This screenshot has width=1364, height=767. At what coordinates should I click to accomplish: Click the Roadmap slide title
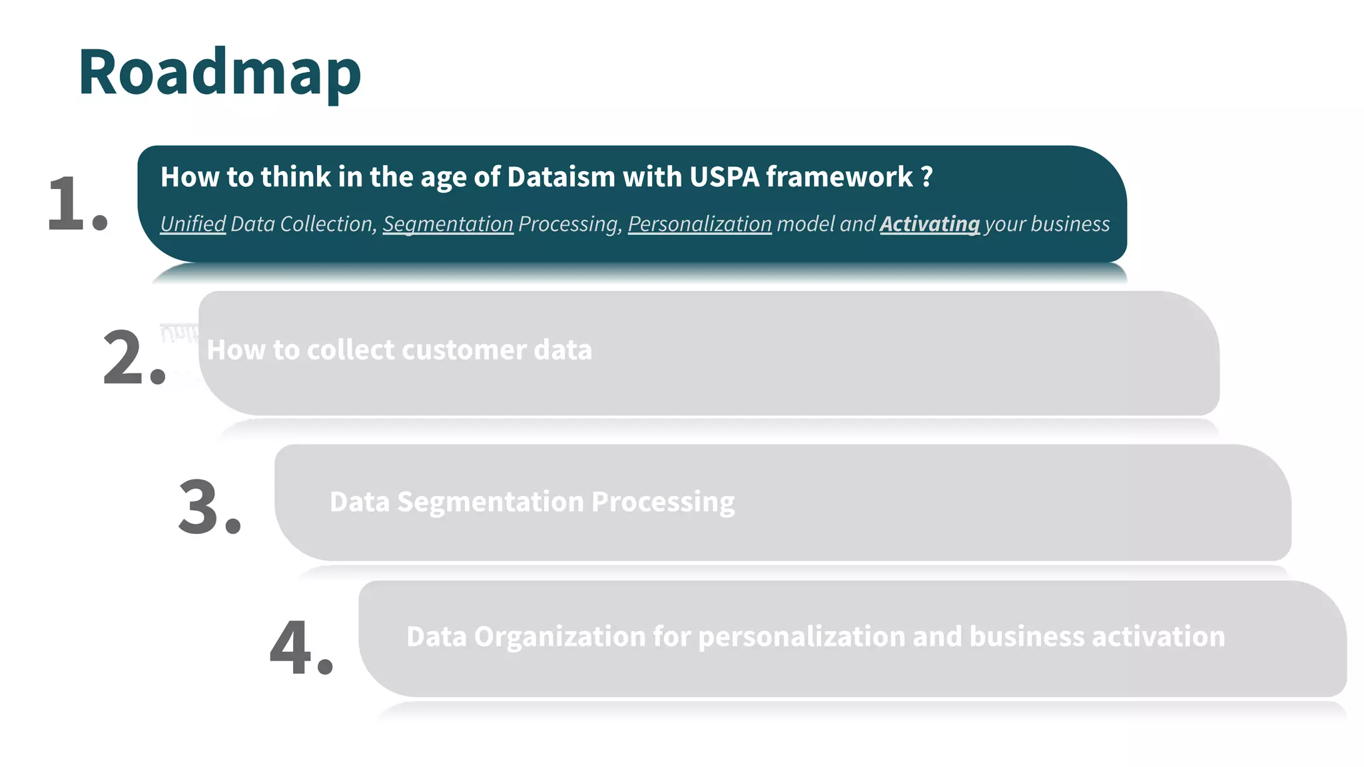coord(219,72)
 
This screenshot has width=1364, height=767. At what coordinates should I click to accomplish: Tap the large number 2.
coord(127,358)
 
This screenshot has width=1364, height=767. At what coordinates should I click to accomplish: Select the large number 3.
coord(201,507)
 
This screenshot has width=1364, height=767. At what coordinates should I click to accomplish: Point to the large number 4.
coord(293,648)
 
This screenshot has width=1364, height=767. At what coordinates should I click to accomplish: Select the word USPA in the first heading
coord(724,177)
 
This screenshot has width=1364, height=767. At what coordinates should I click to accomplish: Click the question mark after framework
coord(926,177)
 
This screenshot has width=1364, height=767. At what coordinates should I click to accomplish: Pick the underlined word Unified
coord(193,224)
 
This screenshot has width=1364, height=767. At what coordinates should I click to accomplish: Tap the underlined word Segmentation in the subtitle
coord(448,224)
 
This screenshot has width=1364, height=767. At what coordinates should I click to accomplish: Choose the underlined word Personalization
coord(699,224)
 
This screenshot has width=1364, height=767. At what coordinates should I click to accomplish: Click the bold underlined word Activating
coord(929,224)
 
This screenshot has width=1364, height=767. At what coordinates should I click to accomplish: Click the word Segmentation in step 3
coord(490,502)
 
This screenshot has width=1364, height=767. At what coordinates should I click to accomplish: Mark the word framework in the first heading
coord(839,177)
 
